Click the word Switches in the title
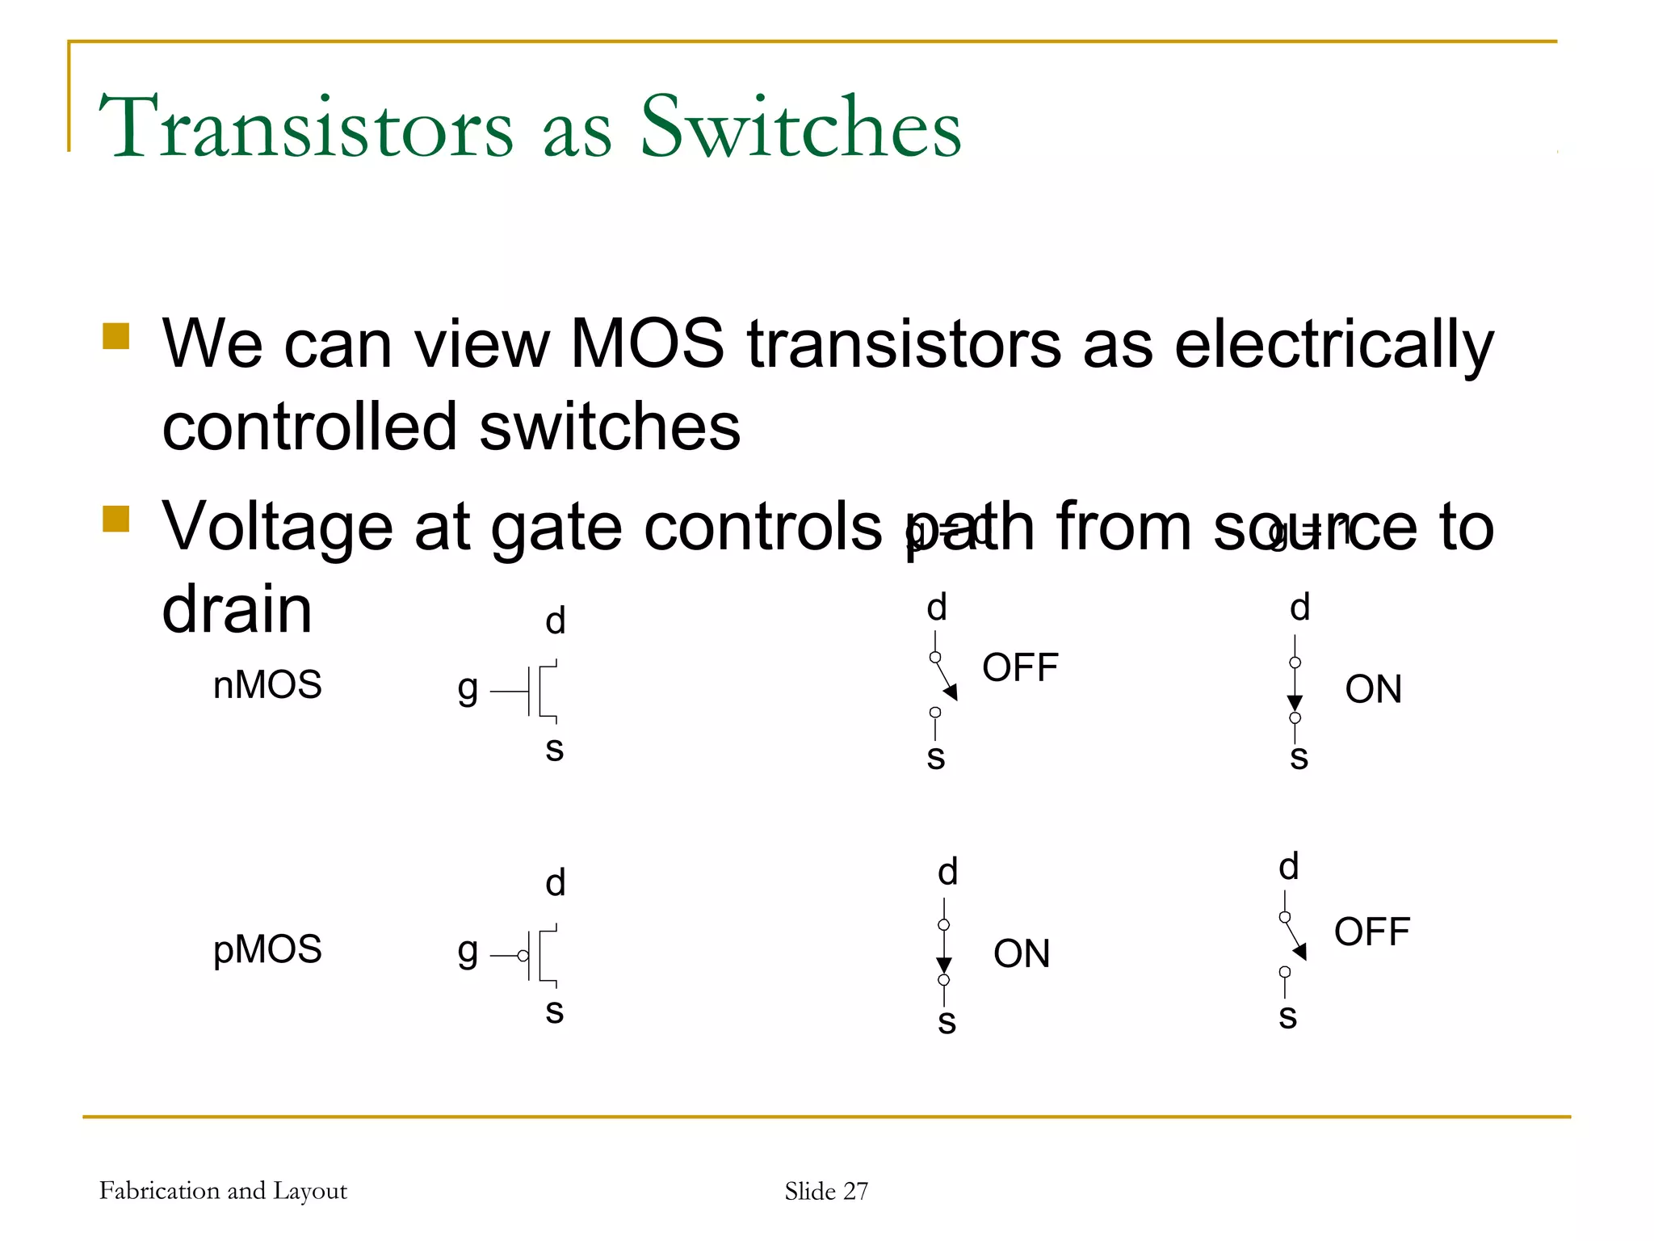[x=800, y=127]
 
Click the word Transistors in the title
[x=305, y=127]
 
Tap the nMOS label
[x=267, y=685]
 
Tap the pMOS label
[x=267, y=949]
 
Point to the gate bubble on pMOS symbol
[x=523, y=956]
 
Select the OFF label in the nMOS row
[x=1020, y=668]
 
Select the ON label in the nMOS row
[x=1373, y=690]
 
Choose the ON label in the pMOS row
[x=1022, y=954]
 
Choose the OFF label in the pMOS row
[x=1371, y=932]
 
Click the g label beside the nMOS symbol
[x=468, y=689]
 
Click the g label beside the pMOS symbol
[x=468, y=953]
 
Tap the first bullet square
[x=116, y=336]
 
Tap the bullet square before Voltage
[x=116, y=520]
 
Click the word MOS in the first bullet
[x=647, y=344]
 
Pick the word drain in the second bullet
[x=237, y=609]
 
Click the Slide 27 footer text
[x=826, y=1191]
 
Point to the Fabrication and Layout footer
[x=223, y=1191]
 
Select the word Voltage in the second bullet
[x=277, y=528]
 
